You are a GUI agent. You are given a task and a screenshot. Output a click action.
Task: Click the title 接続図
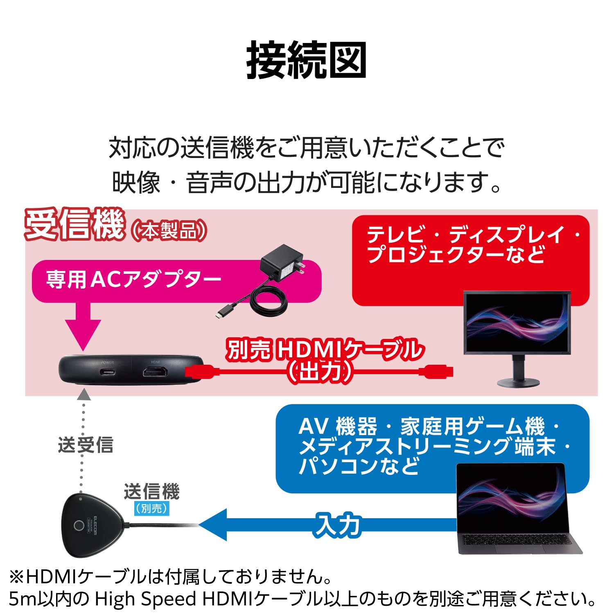[306, 61]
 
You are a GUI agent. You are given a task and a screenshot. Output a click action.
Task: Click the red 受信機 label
[74, 224]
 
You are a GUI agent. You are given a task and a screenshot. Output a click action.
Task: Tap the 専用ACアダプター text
[133, 280]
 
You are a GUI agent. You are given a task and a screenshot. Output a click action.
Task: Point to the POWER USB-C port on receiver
[107, 372]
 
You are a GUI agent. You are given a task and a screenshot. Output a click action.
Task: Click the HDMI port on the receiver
[155, 372]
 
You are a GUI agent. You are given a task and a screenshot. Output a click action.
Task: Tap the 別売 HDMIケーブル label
[325, 350]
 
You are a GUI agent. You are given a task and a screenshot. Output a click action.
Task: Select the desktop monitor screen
[517, 322]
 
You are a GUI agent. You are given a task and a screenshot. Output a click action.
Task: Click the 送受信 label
[86, 445]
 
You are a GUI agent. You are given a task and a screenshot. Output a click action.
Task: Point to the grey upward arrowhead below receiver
[84, 395]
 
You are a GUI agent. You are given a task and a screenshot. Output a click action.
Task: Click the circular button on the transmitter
[78, 526]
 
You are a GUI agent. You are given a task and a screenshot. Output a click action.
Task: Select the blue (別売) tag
[151, 508]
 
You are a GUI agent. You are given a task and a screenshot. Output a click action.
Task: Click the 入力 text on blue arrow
[338, 525]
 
